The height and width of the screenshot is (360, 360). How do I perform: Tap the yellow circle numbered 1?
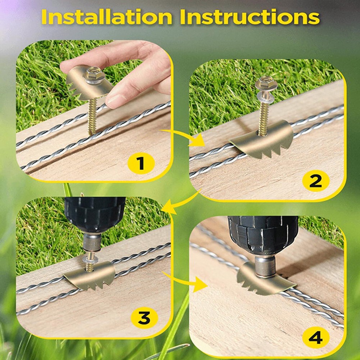coord(141,163)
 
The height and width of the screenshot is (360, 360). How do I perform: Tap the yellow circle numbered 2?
coord(315,181)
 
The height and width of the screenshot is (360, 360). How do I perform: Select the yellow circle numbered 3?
coord(144,317)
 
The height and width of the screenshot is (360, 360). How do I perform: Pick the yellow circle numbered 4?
coord(315,338)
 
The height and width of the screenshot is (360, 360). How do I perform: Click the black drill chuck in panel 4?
coord(263,234)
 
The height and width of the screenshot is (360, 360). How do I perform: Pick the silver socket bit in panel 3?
coord(92,241)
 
